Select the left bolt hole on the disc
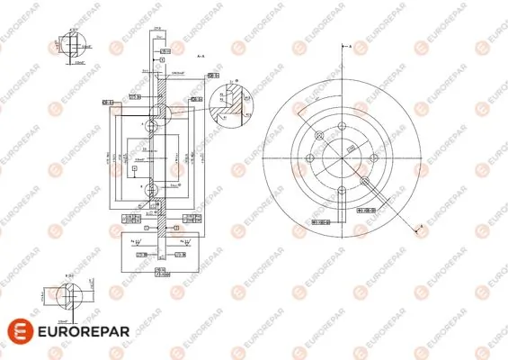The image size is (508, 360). point(309,159)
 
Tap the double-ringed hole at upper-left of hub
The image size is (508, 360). point(319,137)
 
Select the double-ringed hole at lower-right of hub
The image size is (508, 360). point(363,180)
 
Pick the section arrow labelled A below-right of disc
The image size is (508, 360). point(419,229)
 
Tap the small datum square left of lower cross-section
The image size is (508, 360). point(134,167)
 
